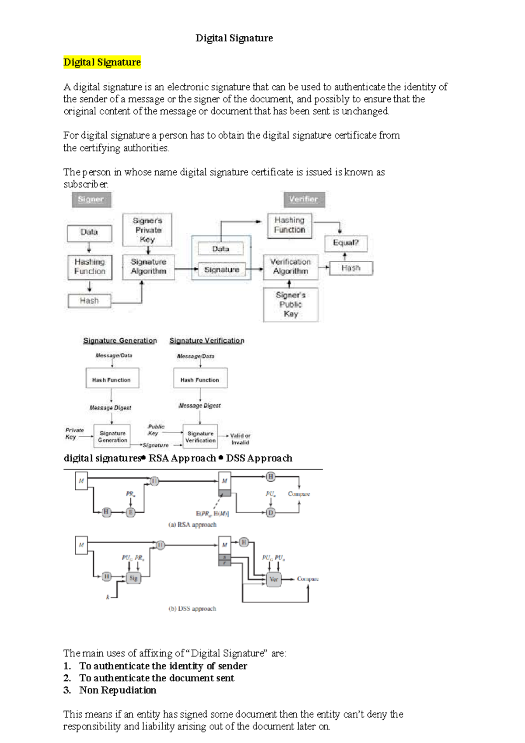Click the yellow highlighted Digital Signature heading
pyautogui.click(x=102, y=62)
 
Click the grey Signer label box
pyautogui.click(x=91, y=200)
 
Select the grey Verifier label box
pyautogui.click(x=304, y=200)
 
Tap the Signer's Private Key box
pyautogui.click(x=147, y=230)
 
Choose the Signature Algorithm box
pyautogui.click(x=148, y=266)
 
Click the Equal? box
pyautogui.click(x=346, y=243)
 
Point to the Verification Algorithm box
pyautogui.click(x=290, y=266)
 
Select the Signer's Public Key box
pyautogui.click(x=290, y=305)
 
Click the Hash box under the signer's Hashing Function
pyautogui.click(x=89, y=301)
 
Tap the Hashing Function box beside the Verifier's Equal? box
pyautogui.click(x=290, y=225)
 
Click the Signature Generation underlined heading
pyautogui.click(x=120, y=340)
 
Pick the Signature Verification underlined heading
pyautogui.click(x=207, y=340)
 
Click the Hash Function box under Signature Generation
pyautogui.click(x=112, y=379)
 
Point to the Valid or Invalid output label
pyautogui.click(x=240, y=439)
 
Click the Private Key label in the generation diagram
pyautogui.click(x=74, y=434)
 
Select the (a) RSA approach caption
pyautogui.click(x=192, y=525)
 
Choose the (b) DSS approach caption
pyautogui.click(x=192, y=609)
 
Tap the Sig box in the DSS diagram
pyautogui.click(x=133, y=578)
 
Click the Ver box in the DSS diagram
pyautogui.click(x=274, y=579)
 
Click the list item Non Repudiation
pyautogui.click(x=118, y=690)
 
